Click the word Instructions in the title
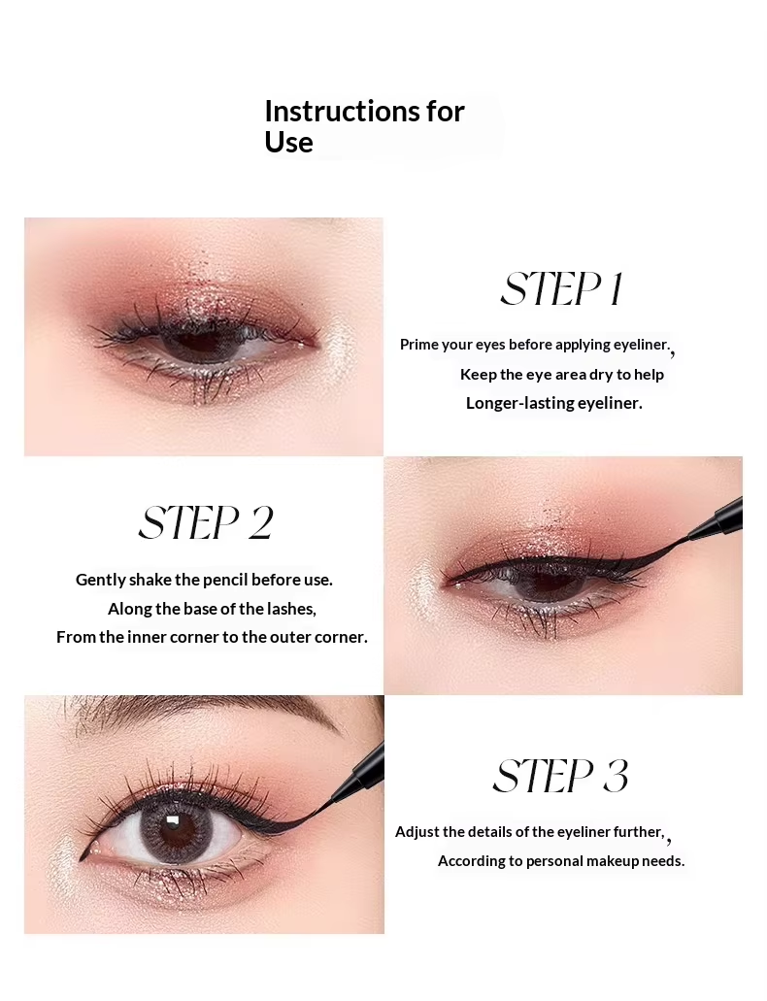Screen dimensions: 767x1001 pyautogui.click(x=342, y=111)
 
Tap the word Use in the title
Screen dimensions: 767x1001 pyautogui.click(x=288, y=142)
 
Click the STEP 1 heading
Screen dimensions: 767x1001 pyautogui.click(x=561, y=289)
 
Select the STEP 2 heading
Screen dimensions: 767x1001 pyautogui.click(x=206, y=523)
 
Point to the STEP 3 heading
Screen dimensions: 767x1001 pyautogui.click(x=561, y=776)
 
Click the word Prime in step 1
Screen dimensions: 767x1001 pyautogui.click(x=419, y=344)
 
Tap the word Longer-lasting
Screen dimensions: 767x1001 pyautogui.click(x=519, y=403)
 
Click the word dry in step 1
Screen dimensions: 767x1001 pyautogui.click(x=601, y=375)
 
